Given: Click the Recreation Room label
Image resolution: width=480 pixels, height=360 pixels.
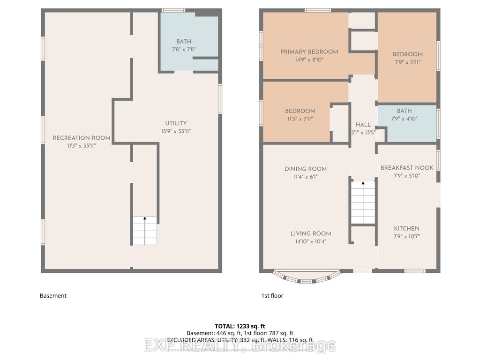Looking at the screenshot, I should pyautogui.click(x=82, y=138).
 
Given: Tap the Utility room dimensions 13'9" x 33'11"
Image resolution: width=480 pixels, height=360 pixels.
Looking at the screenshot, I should pyautogui.click(x=176, y=131).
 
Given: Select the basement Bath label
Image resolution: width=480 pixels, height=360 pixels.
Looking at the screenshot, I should pyautogui.click(x=184, y=42).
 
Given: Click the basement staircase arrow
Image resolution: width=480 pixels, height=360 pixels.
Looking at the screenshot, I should pyautogui.click(x=144, y=218).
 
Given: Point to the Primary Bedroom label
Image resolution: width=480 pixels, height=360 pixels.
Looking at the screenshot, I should pyautogui.click(x=309, y=52).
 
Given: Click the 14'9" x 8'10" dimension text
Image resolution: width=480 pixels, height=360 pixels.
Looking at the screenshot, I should pyautogui.click(x=309, y=60).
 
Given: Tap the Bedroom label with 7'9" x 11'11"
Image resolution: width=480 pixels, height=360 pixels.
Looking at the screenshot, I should pyautogui.click(x=407, y=54).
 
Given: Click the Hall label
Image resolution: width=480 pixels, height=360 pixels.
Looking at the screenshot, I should pyautogui.click(x=363, y=125).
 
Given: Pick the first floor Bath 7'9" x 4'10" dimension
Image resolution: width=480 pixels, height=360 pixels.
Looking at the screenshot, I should pyautogui.click(x=404, y=119).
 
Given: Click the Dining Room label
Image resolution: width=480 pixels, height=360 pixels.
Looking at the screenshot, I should pyautogui.click(x=306, y=169).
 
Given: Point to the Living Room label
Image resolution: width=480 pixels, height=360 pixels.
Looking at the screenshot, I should pyautogui.click(x=310, y=233).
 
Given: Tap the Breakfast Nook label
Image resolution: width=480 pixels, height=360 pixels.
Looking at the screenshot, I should pyautogui.click(x=407, y=167).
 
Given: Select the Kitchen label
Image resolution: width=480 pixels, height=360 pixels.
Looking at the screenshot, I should pyautogui.click(x=406, y=228).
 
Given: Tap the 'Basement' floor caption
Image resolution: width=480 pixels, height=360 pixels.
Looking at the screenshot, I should pyautogui.click(x=53, y=296).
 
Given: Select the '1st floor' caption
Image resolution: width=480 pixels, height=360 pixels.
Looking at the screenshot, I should pyautogui.click(x=272, y=296).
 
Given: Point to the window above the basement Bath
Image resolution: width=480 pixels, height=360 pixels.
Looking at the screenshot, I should pyautogui.click(x=173, y=10).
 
